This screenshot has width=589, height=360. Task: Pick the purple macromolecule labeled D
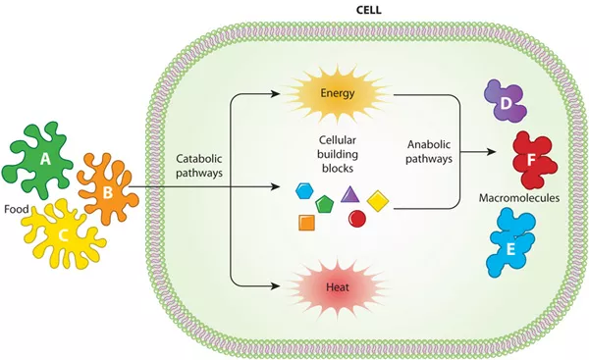pyautogui.click(x=505, y=103)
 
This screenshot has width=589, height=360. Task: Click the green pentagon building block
pyautogui.click(x=326, y=203)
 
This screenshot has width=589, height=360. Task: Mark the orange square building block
pyautogui.click(x=306, y=222)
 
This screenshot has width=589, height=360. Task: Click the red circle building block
pyautogui.click(x=357, y=219)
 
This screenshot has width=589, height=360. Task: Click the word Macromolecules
pyautogui.click(x=517, y=199)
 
